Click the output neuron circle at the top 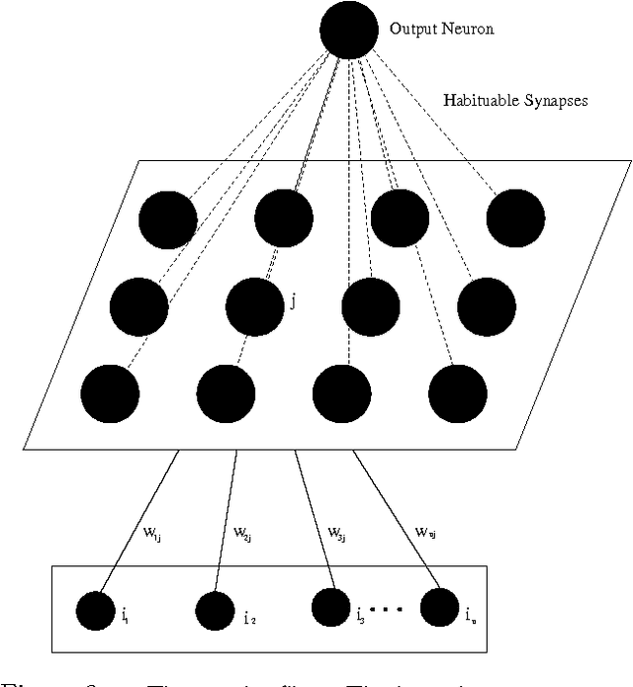(x=349, y=31)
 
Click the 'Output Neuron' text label (x=441, y=30)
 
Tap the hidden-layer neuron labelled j (x=255, y=306)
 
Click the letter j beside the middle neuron (x=293, y=301)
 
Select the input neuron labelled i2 (x=216, y=612)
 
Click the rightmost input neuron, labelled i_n (x=439, y=607)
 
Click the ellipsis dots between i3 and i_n (x=387, y=606)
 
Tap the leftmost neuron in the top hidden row (x=169, y=219)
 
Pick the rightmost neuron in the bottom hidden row (x=458, y=392)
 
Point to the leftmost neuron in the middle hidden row (x=139, y=306)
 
